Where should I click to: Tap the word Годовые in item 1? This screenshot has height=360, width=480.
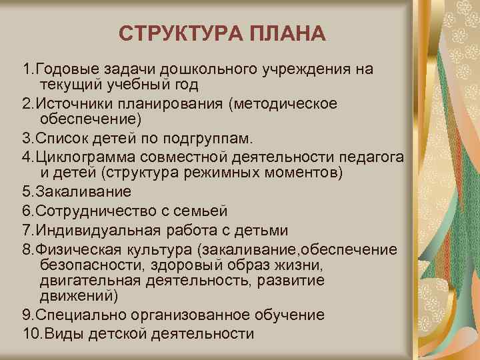pos(65,70)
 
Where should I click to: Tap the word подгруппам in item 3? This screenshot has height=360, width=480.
pos(212,139)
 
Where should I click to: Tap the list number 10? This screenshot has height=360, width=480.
pos(29,334)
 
